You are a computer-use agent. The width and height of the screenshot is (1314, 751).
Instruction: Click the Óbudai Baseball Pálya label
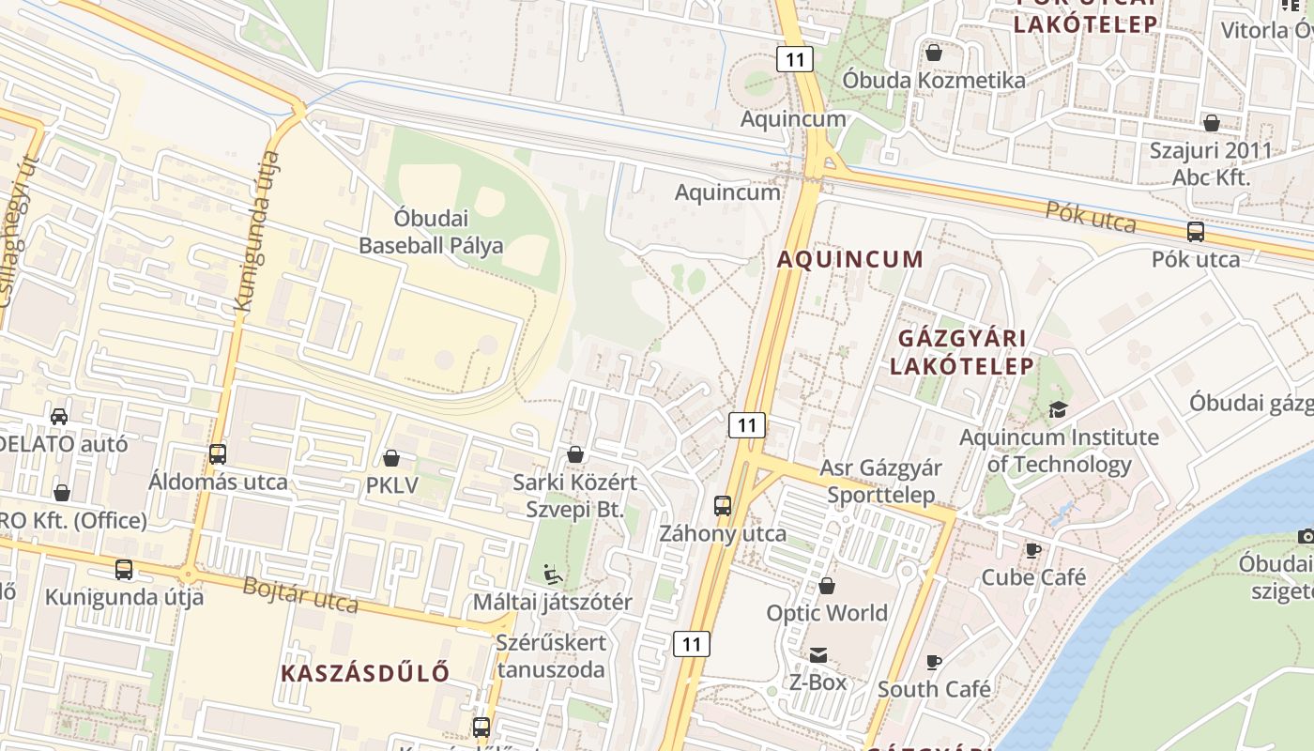point(431,232)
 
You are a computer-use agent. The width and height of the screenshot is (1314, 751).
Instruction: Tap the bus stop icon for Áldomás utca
point(218,454)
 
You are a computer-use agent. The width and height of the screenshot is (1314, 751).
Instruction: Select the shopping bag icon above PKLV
point(391,458)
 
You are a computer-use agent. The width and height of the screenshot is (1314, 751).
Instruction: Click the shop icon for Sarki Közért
point(575,454)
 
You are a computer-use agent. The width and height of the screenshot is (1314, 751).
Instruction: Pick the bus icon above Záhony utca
point(723,506)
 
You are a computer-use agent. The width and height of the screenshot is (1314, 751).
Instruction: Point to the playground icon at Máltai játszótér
point(553,572)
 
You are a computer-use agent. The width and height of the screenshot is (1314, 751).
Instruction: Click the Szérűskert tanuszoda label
point(552,656)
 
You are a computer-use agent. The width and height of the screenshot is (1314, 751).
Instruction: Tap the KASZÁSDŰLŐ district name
point(365,672)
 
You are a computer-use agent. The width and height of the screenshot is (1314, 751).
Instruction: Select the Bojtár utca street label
point(300,593)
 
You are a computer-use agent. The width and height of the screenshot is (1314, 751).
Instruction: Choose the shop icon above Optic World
point(827,586)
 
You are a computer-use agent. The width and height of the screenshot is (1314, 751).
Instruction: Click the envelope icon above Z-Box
point(818,654)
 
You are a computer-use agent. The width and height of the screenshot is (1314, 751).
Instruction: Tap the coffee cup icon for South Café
point(934,662)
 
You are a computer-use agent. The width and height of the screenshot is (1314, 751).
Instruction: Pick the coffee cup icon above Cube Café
point(1033,550)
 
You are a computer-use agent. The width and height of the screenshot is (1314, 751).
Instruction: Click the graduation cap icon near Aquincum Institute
point(1059,409)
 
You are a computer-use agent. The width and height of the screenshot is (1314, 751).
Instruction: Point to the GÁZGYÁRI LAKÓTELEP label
point(962,352)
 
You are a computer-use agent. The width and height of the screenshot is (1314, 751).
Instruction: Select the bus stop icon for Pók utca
point(1196,231)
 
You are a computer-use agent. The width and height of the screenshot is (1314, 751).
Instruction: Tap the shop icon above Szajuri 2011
point(1212,122)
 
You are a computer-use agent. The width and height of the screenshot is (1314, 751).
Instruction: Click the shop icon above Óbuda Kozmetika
point(934,53)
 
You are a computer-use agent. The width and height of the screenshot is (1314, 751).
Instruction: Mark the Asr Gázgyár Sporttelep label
point(880,481)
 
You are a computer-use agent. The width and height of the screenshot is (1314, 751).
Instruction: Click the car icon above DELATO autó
point(59,416)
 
